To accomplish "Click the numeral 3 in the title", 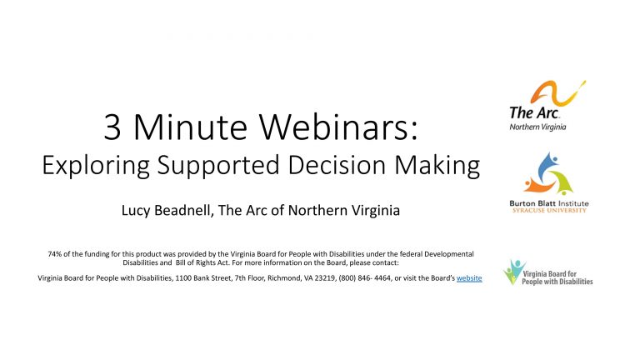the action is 112,127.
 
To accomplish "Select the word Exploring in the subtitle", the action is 96,166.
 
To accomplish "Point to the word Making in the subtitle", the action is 437,166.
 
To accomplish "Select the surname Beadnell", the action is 184,211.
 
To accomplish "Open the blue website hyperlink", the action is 469,278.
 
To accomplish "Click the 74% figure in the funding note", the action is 55,254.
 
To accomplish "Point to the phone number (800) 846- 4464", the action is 365,278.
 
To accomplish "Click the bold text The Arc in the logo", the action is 534,112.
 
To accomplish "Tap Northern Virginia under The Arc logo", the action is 537,127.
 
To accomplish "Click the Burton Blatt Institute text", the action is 549,203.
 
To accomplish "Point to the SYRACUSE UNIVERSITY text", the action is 549,210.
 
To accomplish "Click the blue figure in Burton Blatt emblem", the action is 546,167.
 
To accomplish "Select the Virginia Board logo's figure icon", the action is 512,271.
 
